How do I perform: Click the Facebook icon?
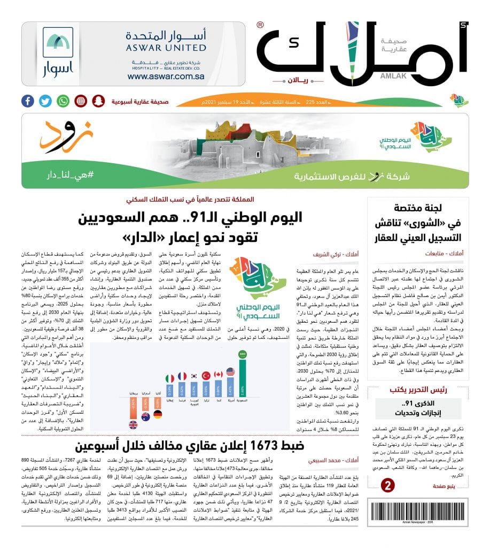click(28, 101)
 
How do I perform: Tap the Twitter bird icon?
click(45, 101)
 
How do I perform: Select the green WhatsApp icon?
click(64, 101)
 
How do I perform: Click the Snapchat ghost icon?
click(98, 101)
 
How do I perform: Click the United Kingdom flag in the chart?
click(133, 425)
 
